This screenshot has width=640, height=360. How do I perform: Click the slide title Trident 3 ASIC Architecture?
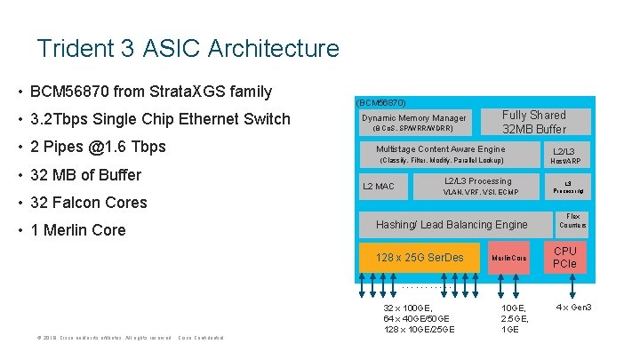[x=188, y=48]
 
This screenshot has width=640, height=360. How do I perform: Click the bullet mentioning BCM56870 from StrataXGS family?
[x=150, y=92]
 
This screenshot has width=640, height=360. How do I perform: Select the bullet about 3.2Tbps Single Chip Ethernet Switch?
[x=160, y=119]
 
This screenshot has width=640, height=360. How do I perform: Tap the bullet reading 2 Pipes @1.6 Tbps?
[x=98, y=147]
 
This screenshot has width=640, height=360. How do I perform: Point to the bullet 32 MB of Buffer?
[x=85, y=174]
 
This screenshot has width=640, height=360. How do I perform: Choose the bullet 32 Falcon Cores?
[x=88, y=202]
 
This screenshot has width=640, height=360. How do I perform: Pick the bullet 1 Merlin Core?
[x=78, y=230]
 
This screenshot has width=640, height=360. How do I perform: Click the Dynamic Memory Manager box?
[x=414, y=123]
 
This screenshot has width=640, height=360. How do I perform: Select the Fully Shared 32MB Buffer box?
[x=533, y=122]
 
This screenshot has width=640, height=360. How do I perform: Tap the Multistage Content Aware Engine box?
[x=441, y=154]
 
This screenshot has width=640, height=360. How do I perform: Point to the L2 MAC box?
[x=379, y=186]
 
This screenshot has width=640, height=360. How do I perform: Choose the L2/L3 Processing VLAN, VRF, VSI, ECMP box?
[x=479, y=186]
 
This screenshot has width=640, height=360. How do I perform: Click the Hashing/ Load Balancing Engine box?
[x=452, y=224]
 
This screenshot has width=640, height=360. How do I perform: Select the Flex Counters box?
[x=572, y=220]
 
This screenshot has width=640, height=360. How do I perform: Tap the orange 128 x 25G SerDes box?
[x=420, y=258]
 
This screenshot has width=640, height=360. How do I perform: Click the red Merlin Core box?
[x=509, y=258]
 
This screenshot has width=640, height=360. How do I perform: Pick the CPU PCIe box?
[x=564, y=257]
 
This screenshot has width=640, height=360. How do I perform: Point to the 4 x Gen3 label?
[x=573, y=308]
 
